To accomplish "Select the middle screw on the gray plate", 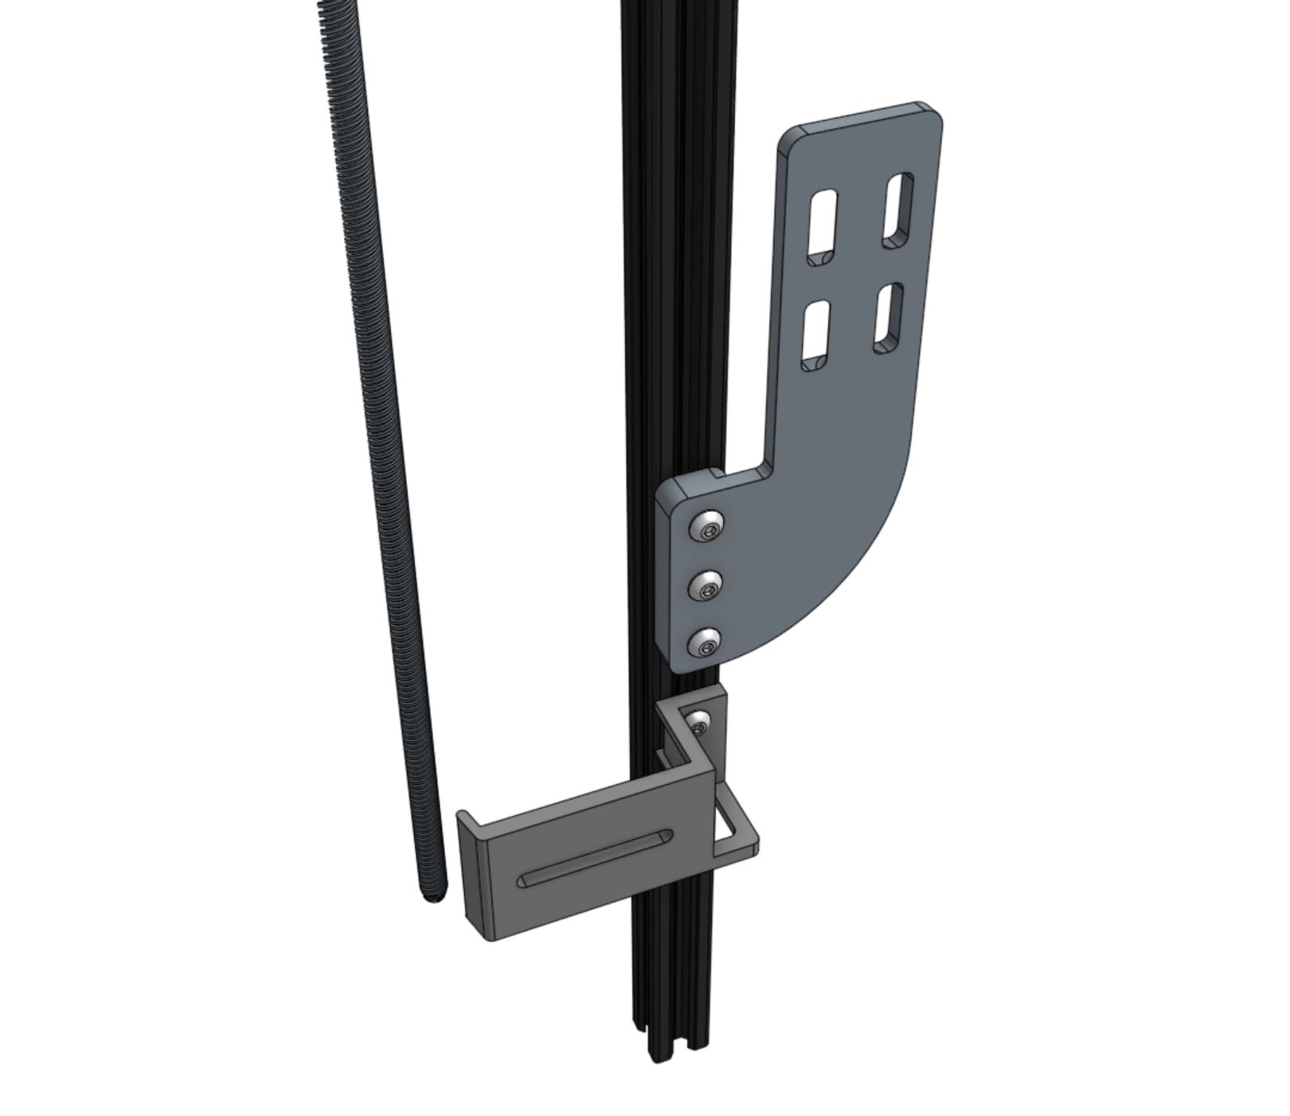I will [706, 587].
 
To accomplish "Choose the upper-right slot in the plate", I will [898, 209].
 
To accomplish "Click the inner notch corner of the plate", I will [766, 465].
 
